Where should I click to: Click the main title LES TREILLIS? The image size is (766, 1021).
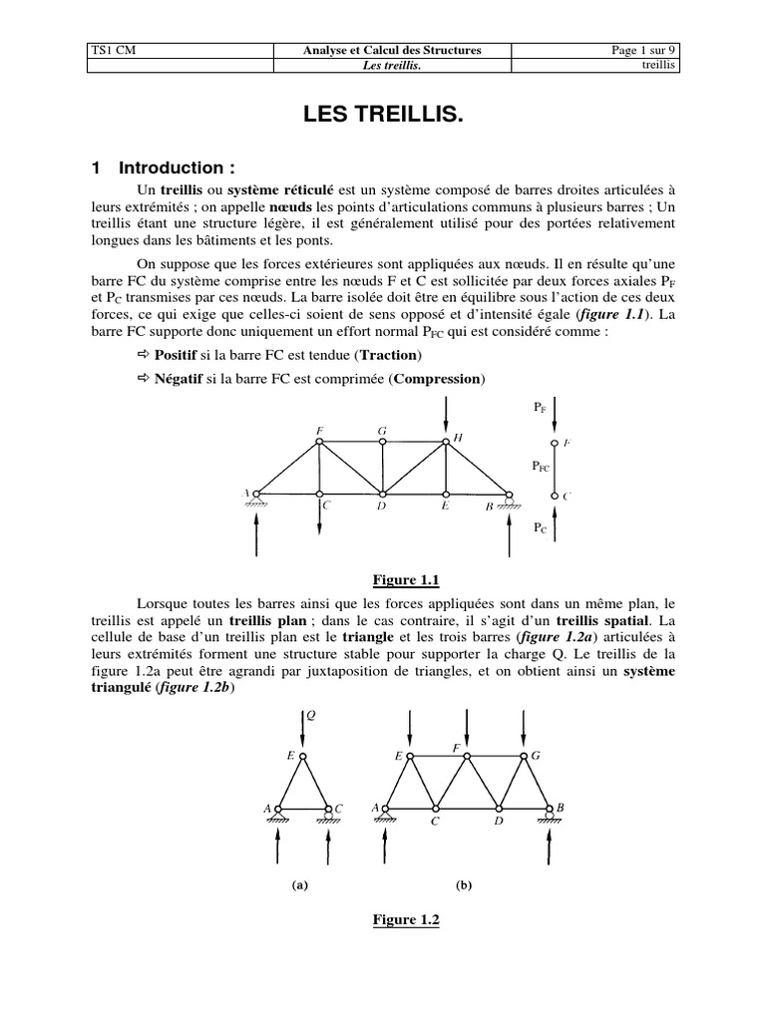click(x=383, y=119)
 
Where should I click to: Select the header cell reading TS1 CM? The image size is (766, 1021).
click(x=112, y=50)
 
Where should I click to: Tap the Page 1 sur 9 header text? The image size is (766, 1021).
click(x=642, y=50)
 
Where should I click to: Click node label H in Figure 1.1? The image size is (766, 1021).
click(x=458, y=438)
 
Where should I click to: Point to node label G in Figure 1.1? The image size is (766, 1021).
click(x=382, y=431)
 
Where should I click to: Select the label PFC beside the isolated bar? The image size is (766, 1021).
click(x=540, y=466)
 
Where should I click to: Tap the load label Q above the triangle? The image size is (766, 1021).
click(x=310, y=715)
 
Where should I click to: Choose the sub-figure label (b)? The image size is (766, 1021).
click(x=463, y=883)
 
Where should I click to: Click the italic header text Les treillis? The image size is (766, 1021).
click(x=383, y=67)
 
